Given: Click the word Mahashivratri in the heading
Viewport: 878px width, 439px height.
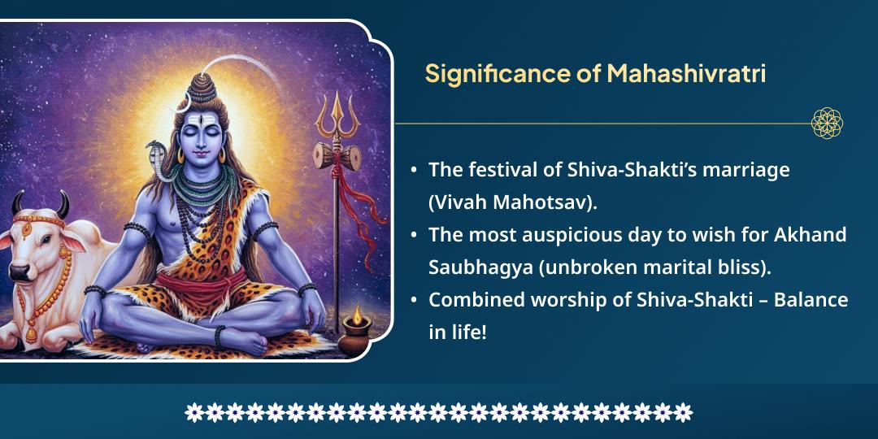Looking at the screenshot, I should click(x=686, y=74).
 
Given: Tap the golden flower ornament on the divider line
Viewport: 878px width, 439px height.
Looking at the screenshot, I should click(x=827, y=124).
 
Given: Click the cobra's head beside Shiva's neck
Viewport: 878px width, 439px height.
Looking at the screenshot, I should click(x=154, y=151).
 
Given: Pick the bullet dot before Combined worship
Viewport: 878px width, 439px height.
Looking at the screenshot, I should click(x=414, y=301).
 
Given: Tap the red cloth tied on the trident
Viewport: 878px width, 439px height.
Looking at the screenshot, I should click(x=350, y=187).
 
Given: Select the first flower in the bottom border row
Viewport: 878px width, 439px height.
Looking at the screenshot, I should click(x=193, y=412).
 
